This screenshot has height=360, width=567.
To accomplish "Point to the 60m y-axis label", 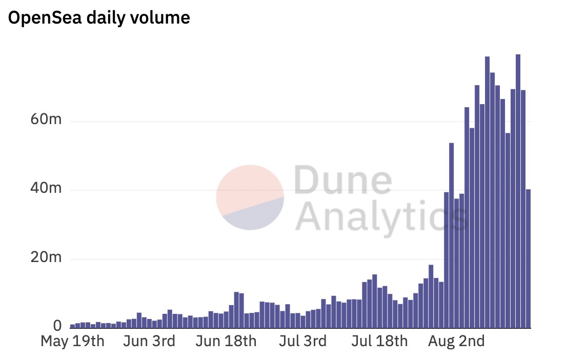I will (46, 121).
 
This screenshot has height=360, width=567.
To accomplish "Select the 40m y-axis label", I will (46, 190).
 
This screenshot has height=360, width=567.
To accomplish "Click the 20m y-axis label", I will (46, 258).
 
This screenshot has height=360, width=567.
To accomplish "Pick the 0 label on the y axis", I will (57, 326).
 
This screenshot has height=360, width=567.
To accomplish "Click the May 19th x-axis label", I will (72, 341).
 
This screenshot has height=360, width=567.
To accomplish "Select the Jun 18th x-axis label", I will (227, 341).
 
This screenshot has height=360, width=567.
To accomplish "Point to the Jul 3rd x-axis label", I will (303, 341).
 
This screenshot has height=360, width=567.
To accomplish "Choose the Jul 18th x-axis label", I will (381, 341).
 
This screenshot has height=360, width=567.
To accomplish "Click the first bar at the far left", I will (73, 326).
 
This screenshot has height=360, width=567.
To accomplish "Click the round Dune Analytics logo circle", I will (250, 197).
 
